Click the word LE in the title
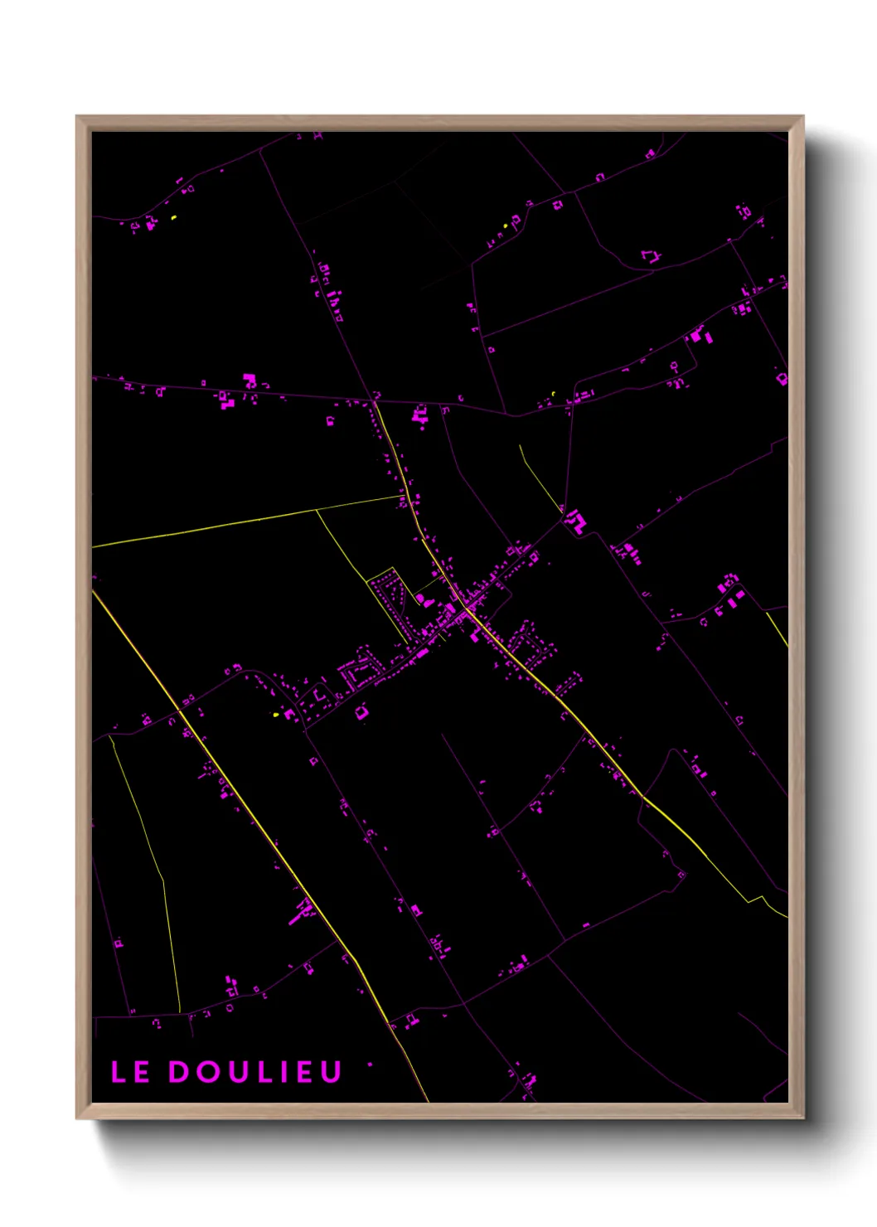130,1072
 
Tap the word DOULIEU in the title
255,1072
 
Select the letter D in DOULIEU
179,1072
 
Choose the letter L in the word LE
119,1072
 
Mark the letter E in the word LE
141,1072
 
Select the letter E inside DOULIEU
304,1072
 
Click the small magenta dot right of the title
370,1065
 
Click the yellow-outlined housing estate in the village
390,597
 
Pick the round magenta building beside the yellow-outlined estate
419,599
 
